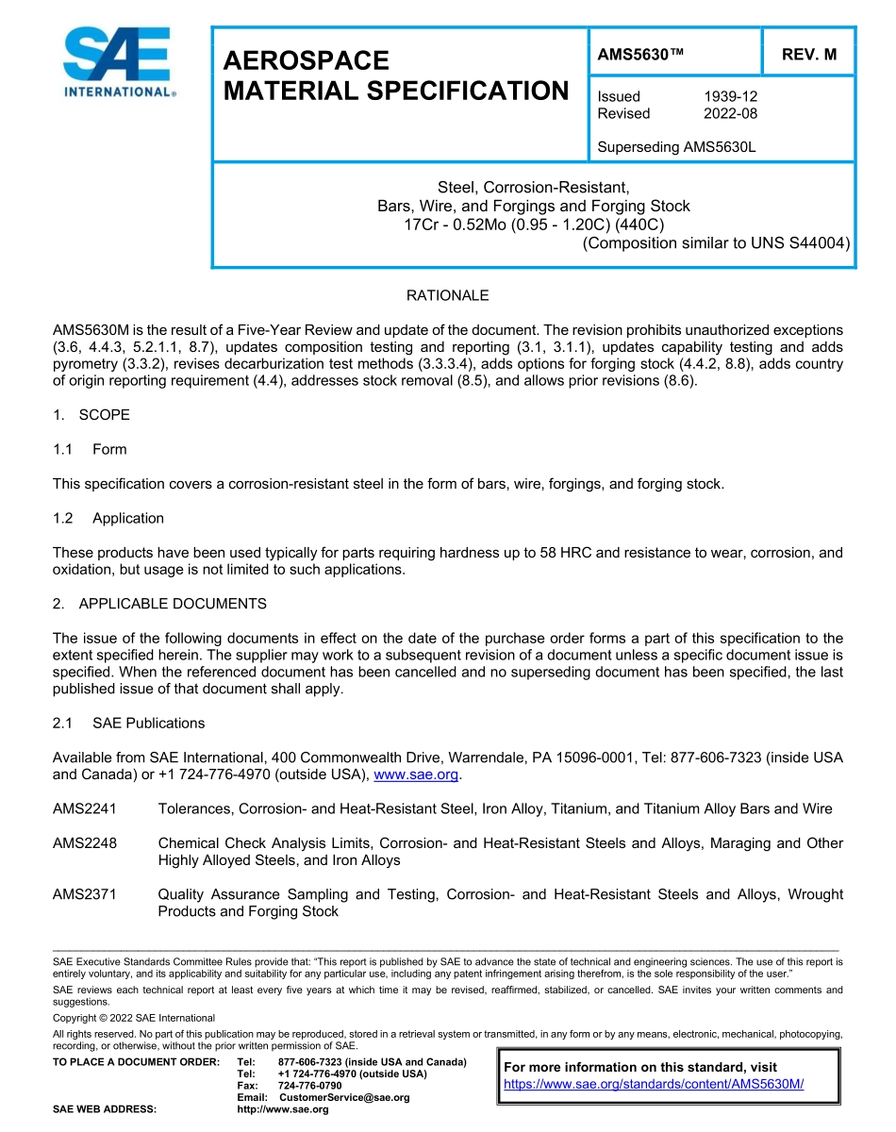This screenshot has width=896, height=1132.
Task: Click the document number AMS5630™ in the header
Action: (x=640, y=55)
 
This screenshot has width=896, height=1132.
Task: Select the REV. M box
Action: (x=809, y=55)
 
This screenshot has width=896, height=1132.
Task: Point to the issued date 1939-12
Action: (x=730, y=96)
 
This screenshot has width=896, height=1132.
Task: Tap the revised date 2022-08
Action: (x=730, y=113)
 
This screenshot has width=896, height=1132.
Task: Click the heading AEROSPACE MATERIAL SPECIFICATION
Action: (x=395, y=76)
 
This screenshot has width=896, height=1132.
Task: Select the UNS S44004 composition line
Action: (x=716, y=242)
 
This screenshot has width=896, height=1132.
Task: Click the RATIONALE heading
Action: (x=447, y=296)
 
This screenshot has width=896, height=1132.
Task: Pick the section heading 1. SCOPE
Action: (x=91, y=415)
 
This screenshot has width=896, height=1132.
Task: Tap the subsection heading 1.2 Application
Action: (x=108, y=518)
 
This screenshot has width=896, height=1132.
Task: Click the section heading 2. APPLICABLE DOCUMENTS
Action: (x=159, y=604)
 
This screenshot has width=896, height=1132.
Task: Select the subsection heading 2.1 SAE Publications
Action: (x=128, y=724)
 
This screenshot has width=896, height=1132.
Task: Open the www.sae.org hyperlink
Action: (x=416, y=775)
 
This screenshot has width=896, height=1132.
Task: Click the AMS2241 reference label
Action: (x=85, y=808)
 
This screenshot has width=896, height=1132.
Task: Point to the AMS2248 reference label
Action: (x=85, y=843)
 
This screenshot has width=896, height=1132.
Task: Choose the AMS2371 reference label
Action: (x=85, y=894)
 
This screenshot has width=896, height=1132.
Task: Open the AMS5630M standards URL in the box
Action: (x=653, y=1084)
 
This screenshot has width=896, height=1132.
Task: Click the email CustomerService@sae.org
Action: (x=338, y=1097)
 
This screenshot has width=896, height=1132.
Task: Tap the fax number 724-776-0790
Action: (x=309, y=1086)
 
